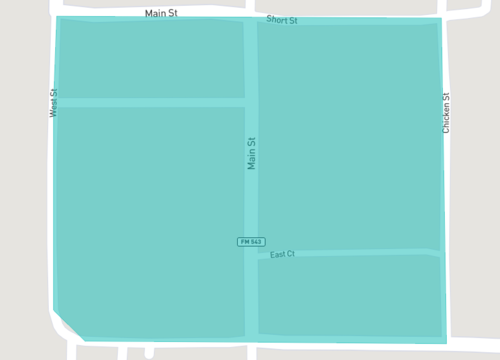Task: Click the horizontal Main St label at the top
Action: pyautogui.click(x=161, y=13)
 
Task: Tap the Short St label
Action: pyautogui.click(x=282, y=20)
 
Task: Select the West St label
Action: pyautogui.click(x=53, y=103)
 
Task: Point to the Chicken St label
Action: pyautogui.click(x=447, y=114)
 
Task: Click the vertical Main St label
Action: pyautogui.click(x=252, y=153)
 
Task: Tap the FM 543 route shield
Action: pyautogui.click(x=251, y=242)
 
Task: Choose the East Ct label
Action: pyautogui.click(x=282, y=255)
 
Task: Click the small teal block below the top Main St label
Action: pyautogui.click(x=150, y=58)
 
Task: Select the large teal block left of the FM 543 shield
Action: pyautogui.click(x=150, y=220)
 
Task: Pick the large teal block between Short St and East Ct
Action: pyautogui.click(x=348, y=135)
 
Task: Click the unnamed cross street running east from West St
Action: pyautogui.click(x=150, y=102)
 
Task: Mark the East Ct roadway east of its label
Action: pyautogui.click(x=370, y=252)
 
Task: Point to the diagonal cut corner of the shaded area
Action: pyautogui.click(x=69, y=325)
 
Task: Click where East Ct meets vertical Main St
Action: pyautogui.click(x=252, y=257)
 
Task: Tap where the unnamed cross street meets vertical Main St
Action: pyautogui.click(x=251, y=102)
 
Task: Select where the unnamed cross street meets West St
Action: pyautogui.click(x=57, y=102)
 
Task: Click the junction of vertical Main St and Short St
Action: pyautogui.click(x=251, y=20)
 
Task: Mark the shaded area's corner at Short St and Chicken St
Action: pyautogui.click(x=439, y=20)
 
